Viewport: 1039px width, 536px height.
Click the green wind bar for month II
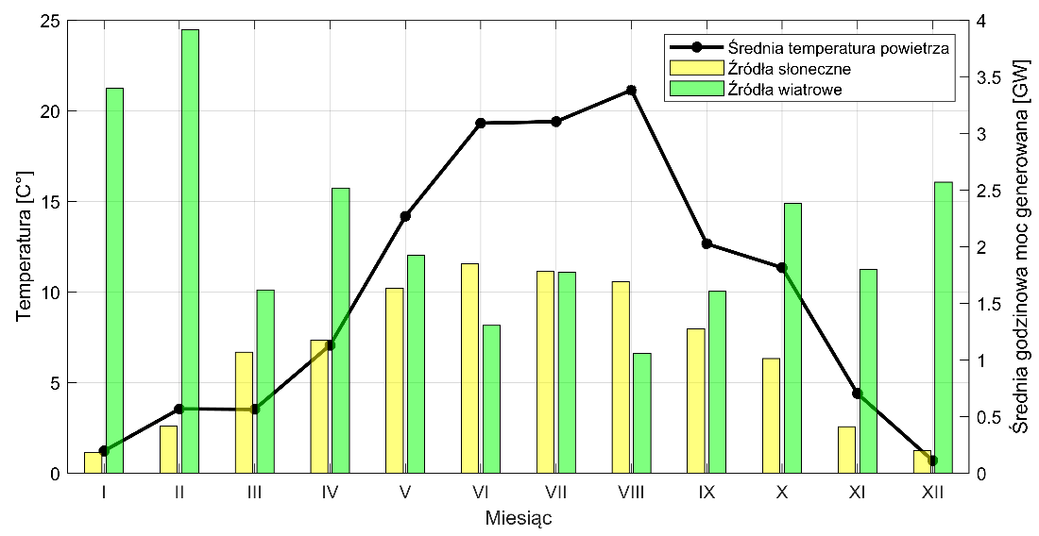(x=190, y=251)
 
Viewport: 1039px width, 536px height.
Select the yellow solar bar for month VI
(x=469, y=368)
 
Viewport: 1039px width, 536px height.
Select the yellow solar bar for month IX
(x=696, y=401)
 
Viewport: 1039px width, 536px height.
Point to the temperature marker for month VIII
(x=631, y=91)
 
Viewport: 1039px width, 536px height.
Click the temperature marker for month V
(x=405, y=216)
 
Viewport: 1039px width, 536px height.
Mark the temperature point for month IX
(x=707, y=244)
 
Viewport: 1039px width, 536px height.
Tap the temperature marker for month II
(x=179, y=409)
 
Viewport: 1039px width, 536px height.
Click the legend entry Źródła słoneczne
(x=790, y=69)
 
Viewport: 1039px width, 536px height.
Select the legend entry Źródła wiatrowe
(x=785, y=90)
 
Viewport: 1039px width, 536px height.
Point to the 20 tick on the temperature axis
(x=57, y=111)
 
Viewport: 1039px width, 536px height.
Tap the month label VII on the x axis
(x=555, y=492)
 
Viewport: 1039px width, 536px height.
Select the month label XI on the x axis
(x=857, y=492)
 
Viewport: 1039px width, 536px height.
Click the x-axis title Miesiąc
(x=519, y=518)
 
